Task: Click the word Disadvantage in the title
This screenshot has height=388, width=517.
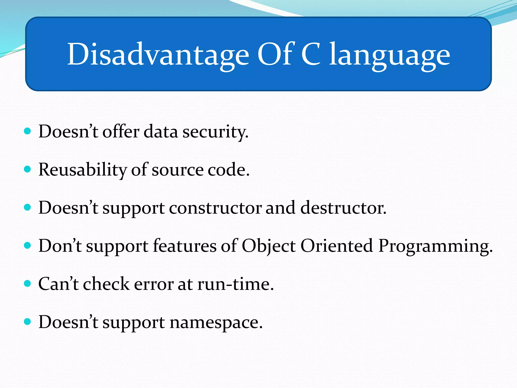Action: (158, 54)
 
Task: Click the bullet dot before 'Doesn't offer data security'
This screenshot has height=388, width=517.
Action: (27, 131)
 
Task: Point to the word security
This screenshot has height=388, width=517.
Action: (215, 132)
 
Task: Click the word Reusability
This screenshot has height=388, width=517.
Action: (82, 170)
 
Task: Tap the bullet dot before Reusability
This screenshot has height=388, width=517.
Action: (27, 169)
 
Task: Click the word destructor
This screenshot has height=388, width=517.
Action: (343, 208)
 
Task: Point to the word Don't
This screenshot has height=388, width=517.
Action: (60, 246)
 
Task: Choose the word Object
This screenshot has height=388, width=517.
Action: (269, 246)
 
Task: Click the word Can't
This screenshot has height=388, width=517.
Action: (58, 284)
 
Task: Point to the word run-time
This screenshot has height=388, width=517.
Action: (235, 284)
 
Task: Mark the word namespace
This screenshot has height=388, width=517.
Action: (216, 323)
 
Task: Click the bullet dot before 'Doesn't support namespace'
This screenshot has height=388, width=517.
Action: (27, 322)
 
